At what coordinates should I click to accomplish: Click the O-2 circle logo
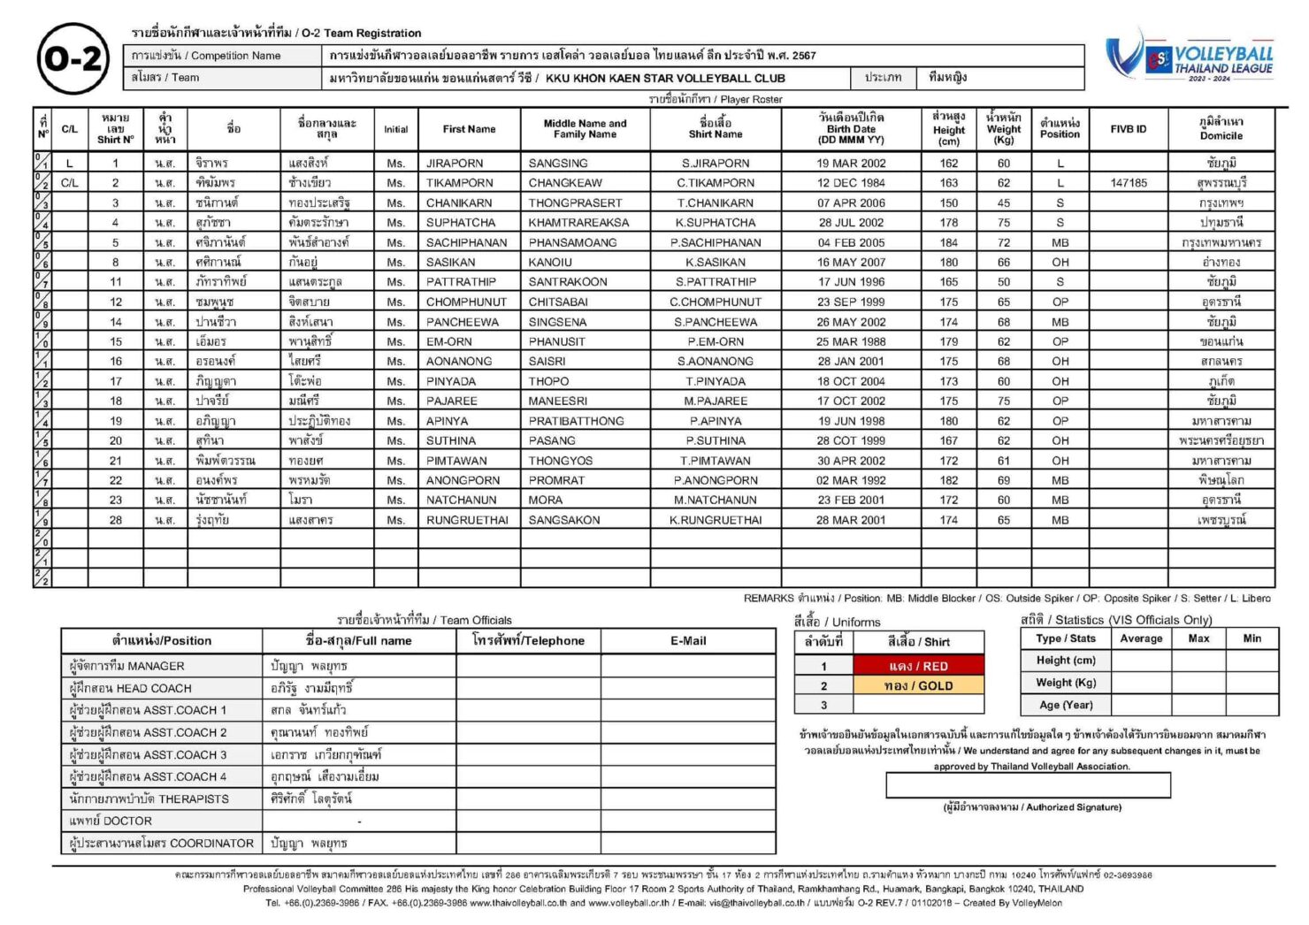click(x=73, y=59)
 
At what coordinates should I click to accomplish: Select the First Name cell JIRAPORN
click(x=455, y=164)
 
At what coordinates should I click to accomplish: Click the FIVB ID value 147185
click(x=1129, y=183)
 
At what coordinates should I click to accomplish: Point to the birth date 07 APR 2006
click(x=850, y=203)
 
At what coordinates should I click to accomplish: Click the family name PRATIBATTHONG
click(x=576, y=421)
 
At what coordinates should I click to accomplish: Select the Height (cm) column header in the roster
click(x=948, y=129)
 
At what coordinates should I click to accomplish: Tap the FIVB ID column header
click(x=1129, y=129)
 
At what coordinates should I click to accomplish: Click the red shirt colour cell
click(x=918, y=666)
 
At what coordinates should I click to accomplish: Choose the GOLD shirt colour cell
click(x=918, y=685)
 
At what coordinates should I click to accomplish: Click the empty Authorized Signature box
click(x=1028, y=785)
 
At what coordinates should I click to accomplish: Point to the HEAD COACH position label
click(x=130, y=688)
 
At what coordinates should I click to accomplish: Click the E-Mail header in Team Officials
click(x=687, y=640)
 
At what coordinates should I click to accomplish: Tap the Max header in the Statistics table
click(x=1198, y=638)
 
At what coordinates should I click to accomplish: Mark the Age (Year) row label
click(x=1066, y=705)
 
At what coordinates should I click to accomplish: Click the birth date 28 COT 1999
click(x=850, y=440)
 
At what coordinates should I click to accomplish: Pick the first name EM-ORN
click(x=449, y=341)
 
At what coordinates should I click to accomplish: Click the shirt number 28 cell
click(x=116, y=520)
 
